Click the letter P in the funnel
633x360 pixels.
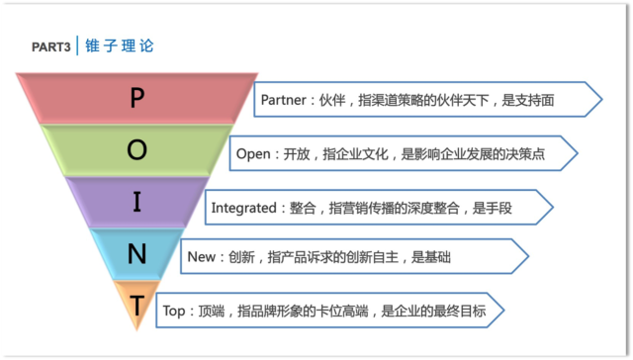pyautogui.click(x=137, y=97)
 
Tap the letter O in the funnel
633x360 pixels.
pyautogui.click(x=137, y=150)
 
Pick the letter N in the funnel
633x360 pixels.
pyautogui.click(x=137, y=255)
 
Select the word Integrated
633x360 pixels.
pyautogui.click(x=244, y=208)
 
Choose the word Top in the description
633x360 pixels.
pyautogui.click(x=174, y=311)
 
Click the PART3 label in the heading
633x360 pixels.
pyautogui.click(x=50, y=47)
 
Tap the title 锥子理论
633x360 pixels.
pyautogui.click(x=120, y=46)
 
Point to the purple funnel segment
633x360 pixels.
pyautogui.click(x=104, y=203)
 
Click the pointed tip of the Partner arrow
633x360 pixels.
pyautogui.click(x=600, y=99)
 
